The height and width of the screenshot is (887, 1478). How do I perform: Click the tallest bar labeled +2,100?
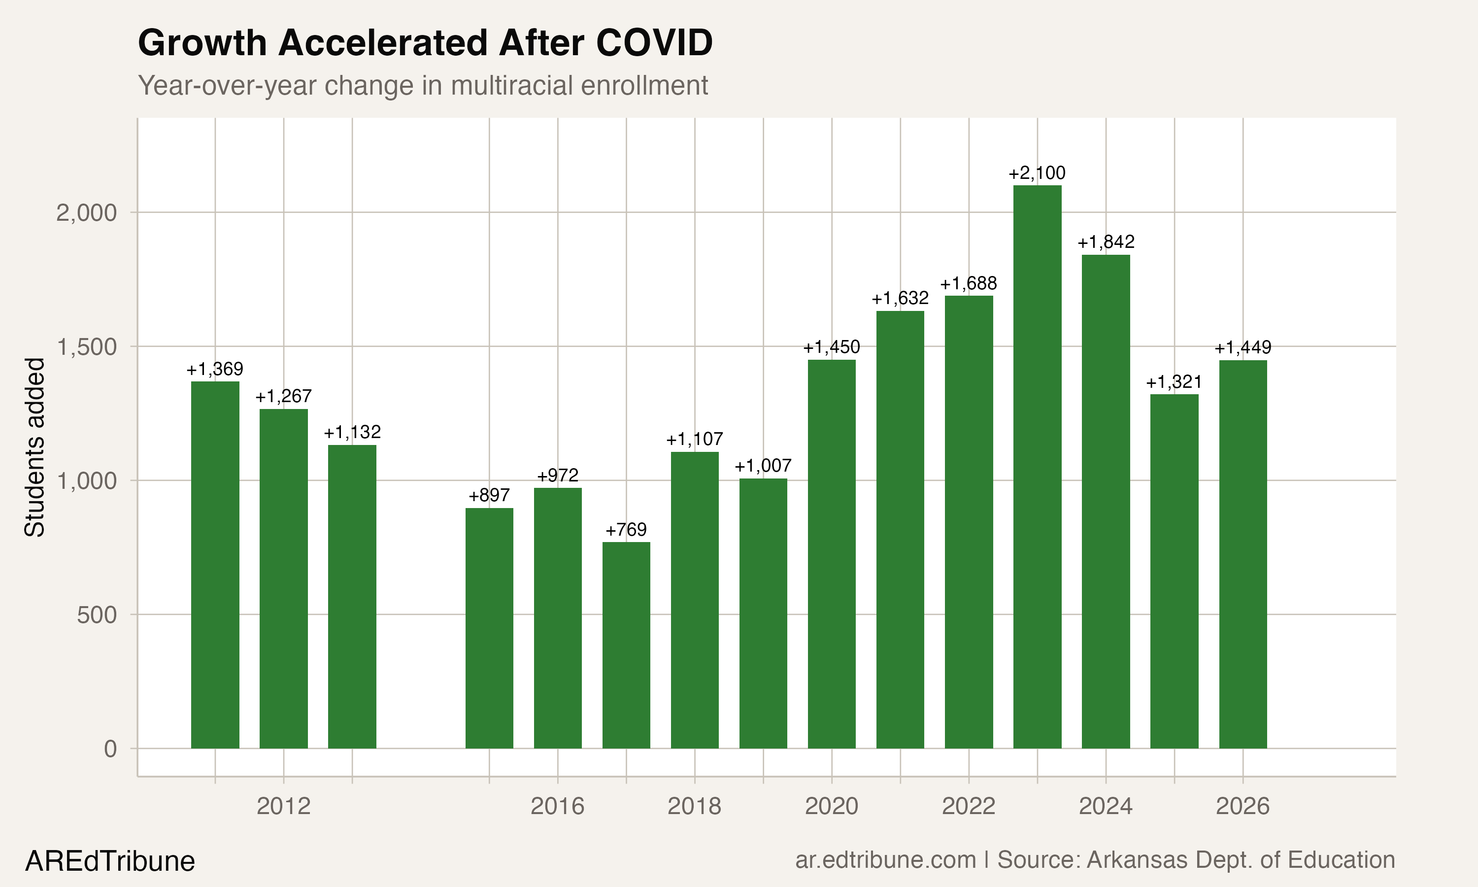click(x=1037, y=466)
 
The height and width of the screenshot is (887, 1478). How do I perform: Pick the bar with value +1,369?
click(x=215, y=564)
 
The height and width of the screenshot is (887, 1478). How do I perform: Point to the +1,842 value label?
click(x=1106, y=242)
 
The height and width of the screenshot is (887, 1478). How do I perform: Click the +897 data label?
click(x=489, y=496)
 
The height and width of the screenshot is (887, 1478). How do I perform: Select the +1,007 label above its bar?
click(x=763, y=466)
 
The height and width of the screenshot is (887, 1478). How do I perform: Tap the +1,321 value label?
click(x=1174, y=382)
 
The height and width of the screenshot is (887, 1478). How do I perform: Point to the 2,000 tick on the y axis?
click(x=87, y=213)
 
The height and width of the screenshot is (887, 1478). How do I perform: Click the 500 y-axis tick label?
click(x=97, y=615)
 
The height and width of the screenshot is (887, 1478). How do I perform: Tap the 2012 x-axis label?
click(x=283, y=806)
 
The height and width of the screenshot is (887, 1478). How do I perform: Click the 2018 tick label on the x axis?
click(x=694, y=806)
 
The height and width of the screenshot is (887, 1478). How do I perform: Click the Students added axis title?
click(x=34, y=447)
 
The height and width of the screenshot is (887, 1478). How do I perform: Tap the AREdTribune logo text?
click(x=110, y=861)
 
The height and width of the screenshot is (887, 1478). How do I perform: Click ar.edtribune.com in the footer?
click(x=885, y=860)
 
